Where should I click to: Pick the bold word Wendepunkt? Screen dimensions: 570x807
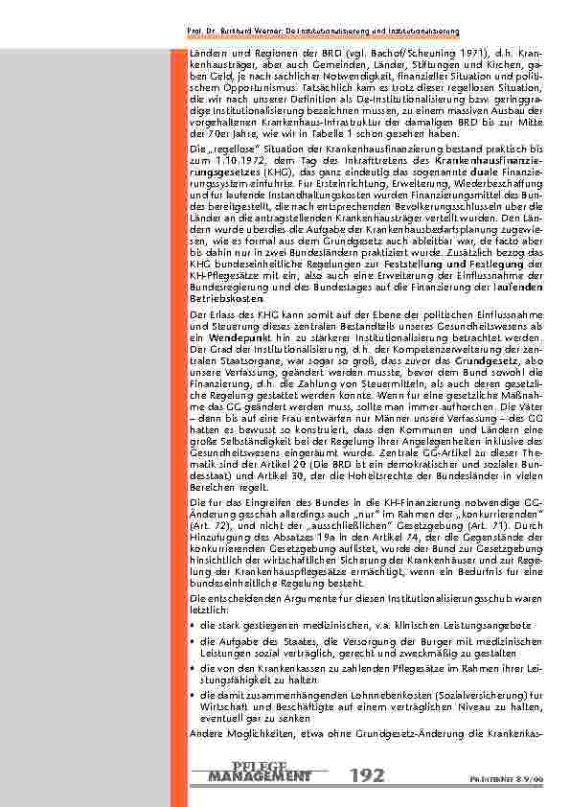(x=227, y=338)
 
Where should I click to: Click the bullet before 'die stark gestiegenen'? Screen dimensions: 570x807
(x=194, y=624)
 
